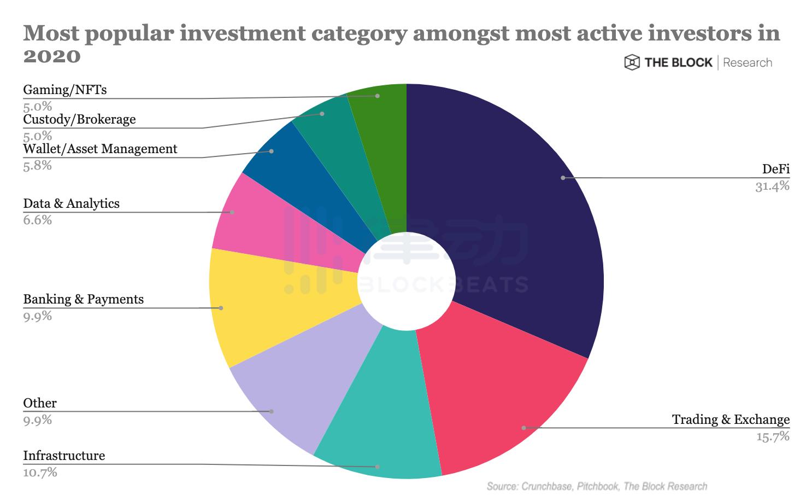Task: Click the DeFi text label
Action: tap(776, 169)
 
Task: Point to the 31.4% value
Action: tap(772, 187)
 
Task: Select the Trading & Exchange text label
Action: tap(731, 420)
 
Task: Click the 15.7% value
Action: tap(773, 436)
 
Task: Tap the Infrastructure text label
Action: tap(64, 456)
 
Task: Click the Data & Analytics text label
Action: tap(71, 203)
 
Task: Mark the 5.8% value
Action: tap(37, 166)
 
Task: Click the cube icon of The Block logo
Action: tap(632, 62)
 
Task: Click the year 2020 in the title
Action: tap(52, 56)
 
